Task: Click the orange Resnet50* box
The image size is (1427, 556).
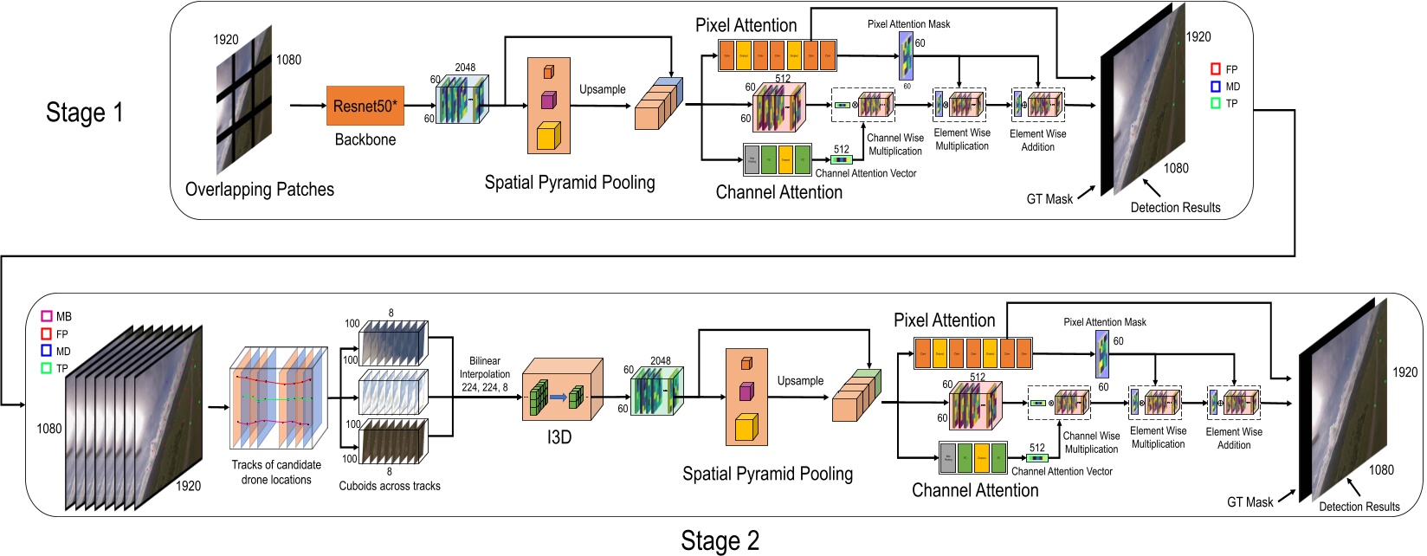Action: (x=365, y=107)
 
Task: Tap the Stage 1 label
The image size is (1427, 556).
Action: (x=84, y=113)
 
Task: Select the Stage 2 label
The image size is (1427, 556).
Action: (x=720, y=541)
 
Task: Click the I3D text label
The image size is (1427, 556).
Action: (x=559, y=437)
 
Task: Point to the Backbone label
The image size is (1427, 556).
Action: (x=365, y=139)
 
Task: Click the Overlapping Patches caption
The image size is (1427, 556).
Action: (x=260, y=190)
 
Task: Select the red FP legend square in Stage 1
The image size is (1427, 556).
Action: (x=1215, y=68)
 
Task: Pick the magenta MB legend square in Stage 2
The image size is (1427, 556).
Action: (x=47, y=317)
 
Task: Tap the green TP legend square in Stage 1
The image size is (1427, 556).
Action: (x=1215, y=103)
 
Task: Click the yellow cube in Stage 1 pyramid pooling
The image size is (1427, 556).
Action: (x=547, y=135)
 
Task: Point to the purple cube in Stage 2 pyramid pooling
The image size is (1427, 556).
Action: (x=746, y=391)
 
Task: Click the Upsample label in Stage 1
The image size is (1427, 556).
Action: (x=603, y=89)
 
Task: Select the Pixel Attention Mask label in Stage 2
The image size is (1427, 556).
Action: (x=1104, y=322)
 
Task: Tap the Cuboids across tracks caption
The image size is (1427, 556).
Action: (x=390, y=486)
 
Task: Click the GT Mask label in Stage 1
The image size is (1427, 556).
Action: (x=1049, y=199)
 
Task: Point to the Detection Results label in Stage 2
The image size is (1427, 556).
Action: (x=1359, y=507)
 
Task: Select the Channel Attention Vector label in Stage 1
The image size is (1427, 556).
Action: (x=865, y=173)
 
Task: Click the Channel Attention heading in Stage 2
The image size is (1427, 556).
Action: (x=975, y=490)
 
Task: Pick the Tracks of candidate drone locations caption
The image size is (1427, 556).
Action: (x=276, y=472)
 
